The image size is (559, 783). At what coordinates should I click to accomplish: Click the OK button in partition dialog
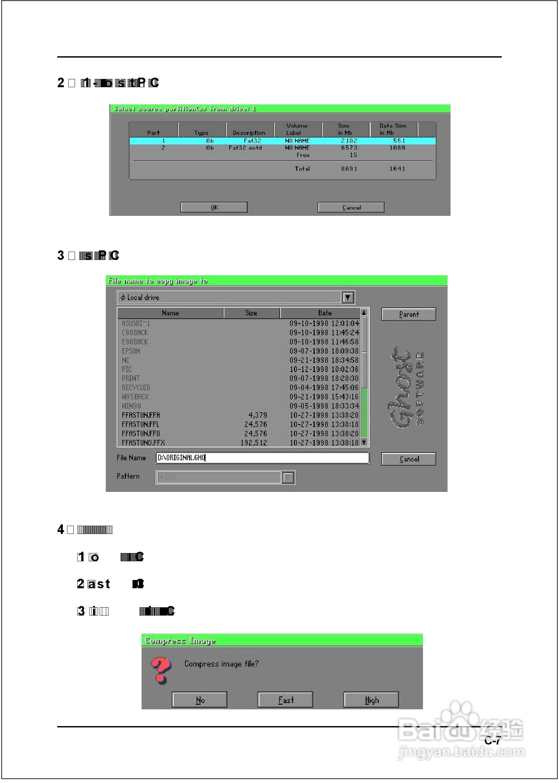214,207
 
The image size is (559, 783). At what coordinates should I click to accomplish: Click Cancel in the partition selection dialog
351,207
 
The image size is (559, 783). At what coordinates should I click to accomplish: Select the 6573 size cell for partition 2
349,148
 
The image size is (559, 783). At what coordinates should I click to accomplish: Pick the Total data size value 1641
397,169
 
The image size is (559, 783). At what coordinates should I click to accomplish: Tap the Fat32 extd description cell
245,148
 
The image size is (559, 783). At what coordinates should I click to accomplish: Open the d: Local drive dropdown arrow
348,297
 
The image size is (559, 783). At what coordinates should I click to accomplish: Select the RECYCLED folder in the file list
136,388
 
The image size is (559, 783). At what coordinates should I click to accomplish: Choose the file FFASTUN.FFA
141,415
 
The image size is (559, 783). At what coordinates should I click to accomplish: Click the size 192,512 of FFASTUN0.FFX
254,443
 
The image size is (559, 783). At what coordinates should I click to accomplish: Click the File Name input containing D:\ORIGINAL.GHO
262,458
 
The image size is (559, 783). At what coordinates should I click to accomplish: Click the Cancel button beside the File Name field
409,459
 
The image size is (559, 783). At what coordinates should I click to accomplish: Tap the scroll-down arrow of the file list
364,442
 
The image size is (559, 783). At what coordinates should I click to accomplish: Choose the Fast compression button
286,700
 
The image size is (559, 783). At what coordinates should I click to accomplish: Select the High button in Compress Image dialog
371,700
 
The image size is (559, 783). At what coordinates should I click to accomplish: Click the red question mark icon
161,670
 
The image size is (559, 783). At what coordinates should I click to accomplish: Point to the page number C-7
492,741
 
